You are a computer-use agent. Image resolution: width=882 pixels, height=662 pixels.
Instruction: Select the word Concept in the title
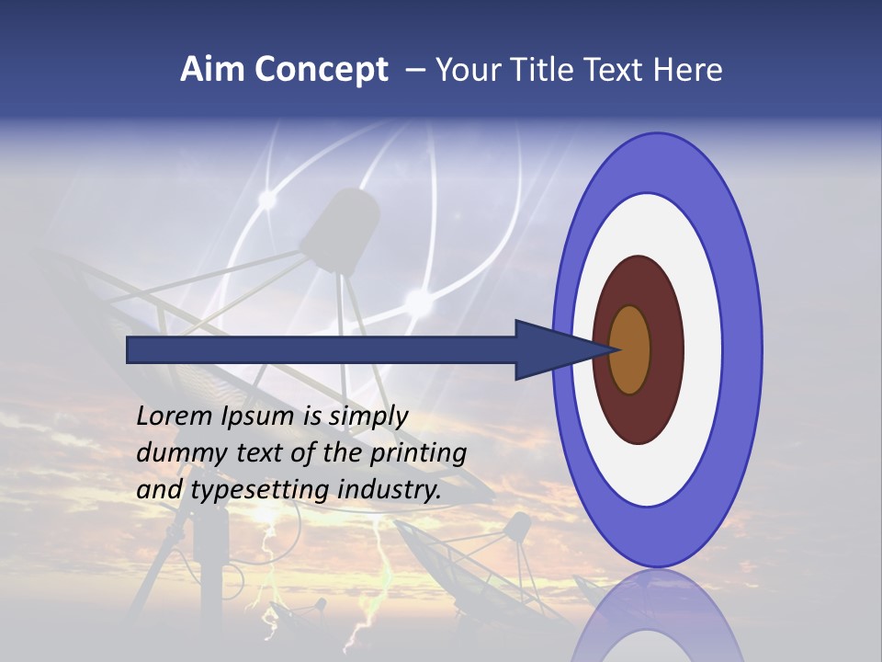[322, 70]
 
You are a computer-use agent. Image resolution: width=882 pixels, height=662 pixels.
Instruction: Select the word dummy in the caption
[175, 452]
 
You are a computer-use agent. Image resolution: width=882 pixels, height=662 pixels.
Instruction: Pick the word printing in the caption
[418, 452]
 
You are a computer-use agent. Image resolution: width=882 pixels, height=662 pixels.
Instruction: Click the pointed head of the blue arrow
[560, 349]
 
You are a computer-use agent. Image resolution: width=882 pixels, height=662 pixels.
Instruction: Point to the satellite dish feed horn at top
[340, 230]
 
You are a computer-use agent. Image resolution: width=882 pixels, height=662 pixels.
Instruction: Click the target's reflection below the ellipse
[657, 616]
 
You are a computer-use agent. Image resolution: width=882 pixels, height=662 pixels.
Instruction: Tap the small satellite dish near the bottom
[469, 561]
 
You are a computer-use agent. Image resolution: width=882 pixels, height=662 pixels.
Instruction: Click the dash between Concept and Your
[414, 71]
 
